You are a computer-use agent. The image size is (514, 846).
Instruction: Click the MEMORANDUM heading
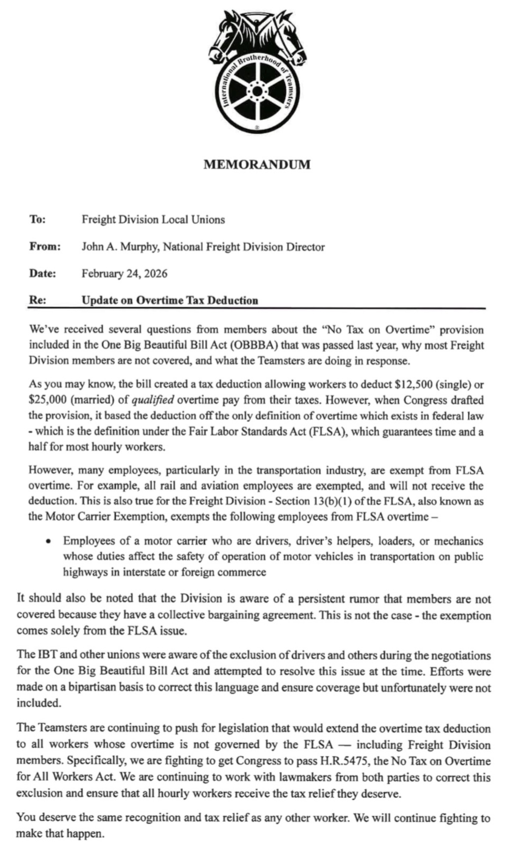pyautogui.click(x=257, y=164)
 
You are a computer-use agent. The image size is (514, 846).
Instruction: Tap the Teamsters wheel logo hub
pyautogui.click(x=257, y=92)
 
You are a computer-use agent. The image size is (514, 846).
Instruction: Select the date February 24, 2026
pyautogui.click(x=124, y=274)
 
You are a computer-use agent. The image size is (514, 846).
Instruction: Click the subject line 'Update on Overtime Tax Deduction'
pyautogui.click(x=170, y=300)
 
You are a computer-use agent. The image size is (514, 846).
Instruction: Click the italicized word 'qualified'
pyautogui.click(x=153, y=400)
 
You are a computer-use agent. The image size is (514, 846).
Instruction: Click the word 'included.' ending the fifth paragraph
pyautogui.click(x=39, y=703)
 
